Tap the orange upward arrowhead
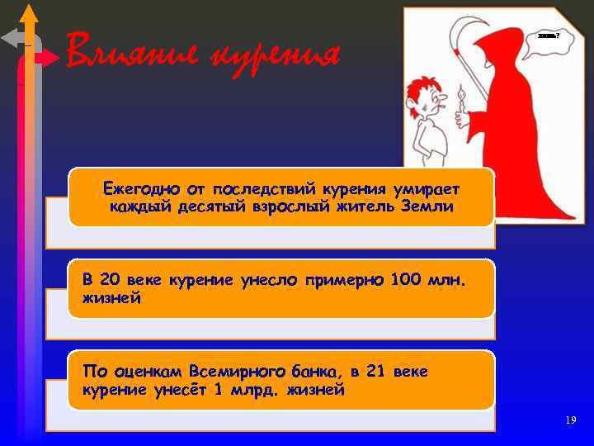[x=28, y=12]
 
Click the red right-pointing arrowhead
[x=50, y=58]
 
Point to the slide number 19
[x=571, y=420]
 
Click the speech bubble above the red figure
[x=545, y=37]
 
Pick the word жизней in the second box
[x=111, y=298]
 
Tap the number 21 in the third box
[x=375, y=371]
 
